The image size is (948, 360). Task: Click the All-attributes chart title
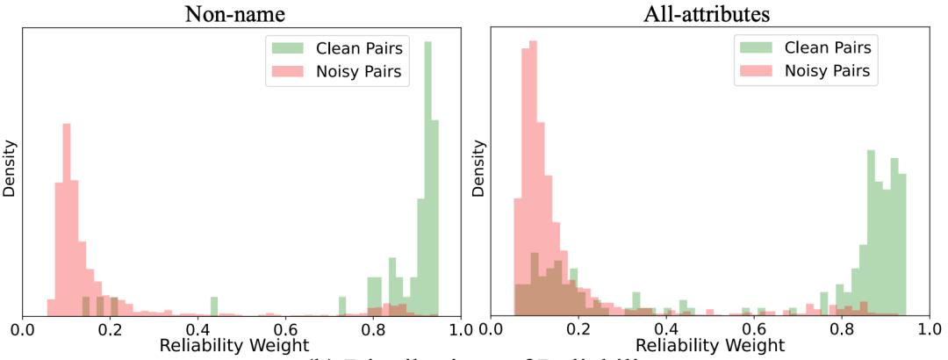click(x=709, y=15)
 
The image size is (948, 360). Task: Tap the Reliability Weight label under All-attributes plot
click(x=709, y=346)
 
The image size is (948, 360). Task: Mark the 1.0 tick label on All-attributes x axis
click(x=927, y=332)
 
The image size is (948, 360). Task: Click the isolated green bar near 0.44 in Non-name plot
click(x=214, y=306)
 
